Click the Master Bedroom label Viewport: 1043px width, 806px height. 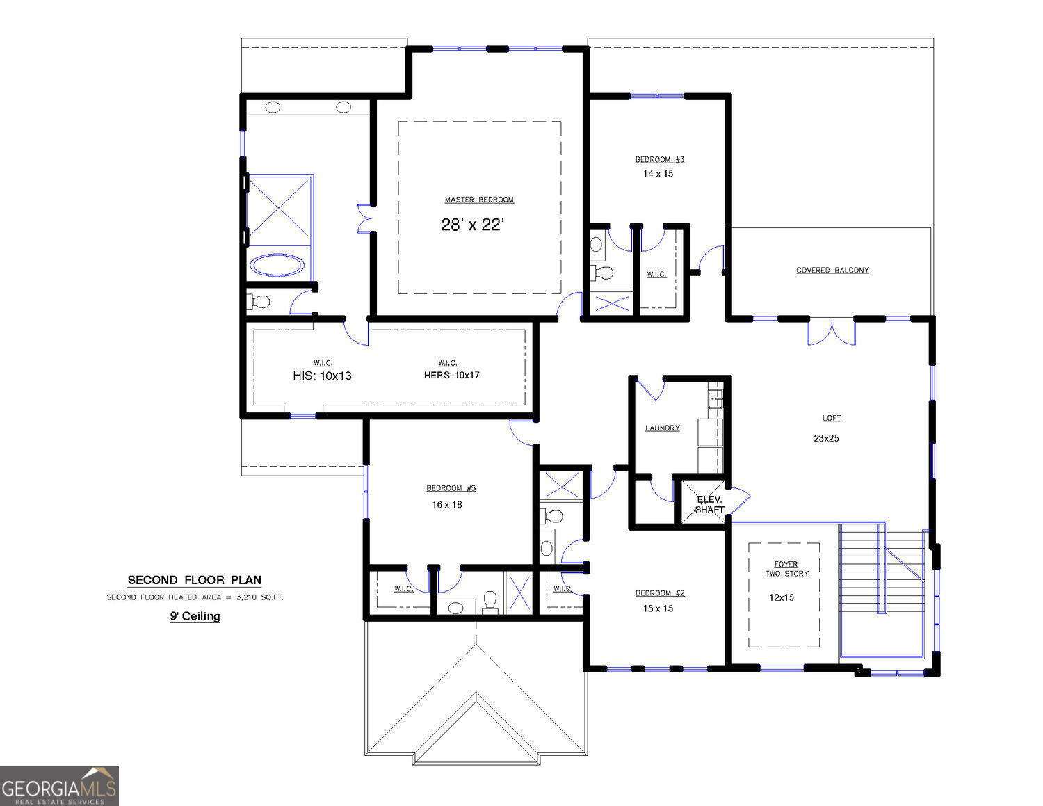479,200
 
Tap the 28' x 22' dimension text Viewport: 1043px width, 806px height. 471,225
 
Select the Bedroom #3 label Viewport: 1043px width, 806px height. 659,159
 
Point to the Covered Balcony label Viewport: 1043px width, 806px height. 832,270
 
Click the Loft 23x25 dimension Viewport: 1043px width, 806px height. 826,438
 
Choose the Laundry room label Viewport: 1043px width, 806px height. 662,428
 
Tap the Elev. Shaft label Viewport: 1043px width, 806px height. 709,504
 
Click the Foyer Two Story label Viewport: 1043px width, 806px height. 786,569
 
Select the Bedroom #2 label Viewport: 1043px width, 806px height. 660,593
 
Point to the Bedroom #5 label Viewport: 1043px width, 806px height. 451,488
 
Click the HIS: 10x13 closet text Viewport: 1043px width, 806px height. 322,376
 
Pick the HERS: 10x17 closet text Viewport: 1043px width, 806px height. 451,375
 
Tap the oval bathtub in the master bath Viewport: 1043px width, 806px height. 277,265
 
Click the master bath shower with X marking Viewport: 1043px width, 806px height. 280,209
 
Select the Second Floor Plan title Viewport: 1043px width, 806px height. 195,580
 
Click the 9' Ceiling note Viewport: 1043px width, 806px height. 195,616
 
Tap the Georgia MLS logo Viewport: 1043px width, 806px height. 59,787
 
